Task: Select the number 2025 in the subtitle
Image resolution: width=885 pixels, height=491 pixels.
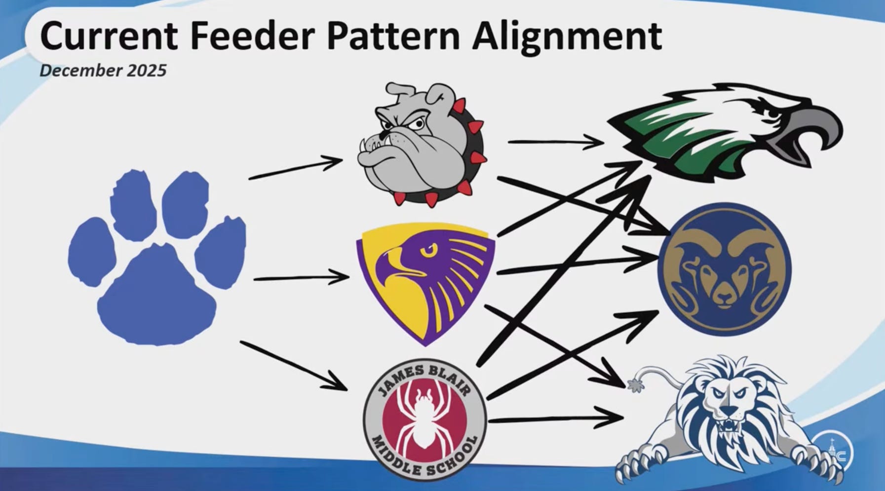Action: (147, 71)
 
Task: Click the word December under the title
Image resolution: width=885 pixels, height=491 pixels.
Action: (80, 71)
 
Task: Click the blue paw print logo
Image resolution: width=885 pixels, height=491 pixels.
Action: (157, 258)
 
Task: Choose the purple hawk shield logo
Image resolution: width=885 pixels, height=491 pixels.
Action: (425, 282)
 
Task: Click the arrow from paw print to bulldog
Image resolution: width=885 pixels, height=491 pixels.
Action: (296, 168)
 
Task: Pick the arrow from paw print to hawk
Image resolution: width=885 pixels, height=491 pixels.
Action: (301, 278)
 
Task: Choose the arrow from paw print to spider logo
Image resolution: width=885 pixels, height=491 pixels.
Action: (294, 366)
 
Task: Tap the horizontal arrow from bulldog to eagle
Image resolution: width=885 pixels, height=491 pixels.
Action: (556, 142)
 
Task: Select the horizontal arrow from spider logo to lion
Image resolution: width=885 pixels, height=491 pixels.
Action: (555, 419)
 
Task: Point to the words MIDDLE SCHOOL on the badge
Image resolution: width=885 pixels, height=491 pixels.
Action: (424, 456)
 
